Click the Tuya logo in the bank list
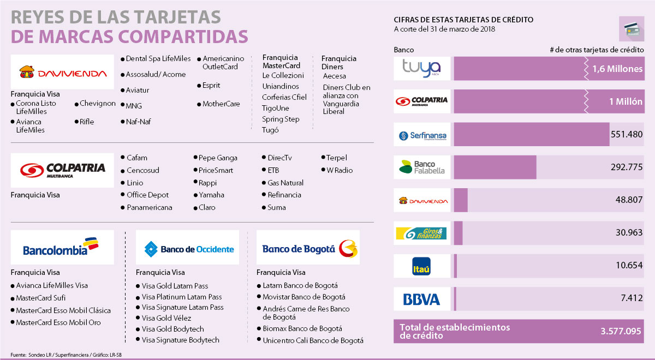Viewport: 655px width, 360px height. (x=422, y=69)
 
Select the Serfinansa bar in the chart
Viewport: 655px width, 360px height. (x=531, y=135)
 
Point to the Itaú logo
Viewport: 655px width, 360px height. (x=422, y=266)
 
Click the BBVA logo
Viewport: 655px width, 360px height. (x=422, y=299)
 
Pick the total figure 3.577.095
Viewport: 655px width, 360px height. (x=620, y=331)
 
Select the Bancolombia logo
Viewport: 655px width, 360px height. (x=62, y=247)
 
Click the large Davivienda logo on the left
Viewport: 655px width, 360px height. (x=62, y=73)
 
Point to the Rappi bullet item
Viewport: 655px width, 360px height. (x=207, y=183)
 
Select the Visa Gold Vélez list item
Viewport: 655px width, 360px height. (x=166, y=318)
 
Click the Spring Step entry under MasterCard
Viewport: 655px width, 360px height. (x=281, y=119)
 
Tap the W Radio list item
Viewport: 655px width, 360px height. (x=340, y=170)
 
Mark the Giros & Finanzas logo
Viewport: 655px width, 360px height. (x=422, y=233)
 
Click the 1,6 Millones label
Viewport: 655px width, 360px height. (x=617, y=69)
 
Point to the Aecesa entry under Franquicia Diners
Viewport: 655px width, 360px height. (x=335, y=76)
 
